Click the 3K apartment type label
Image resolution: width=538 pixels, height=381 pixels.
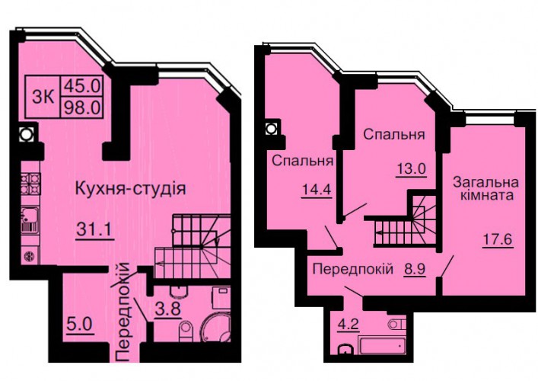tap(43, 97)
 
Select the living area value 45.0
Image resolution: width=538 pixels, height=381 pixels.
tap(81, 85)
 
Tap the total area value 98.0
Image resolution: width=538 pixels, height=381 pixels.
tap(81, 107)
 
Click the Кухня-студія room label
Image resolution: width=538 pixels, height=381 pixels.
tap(130, 189)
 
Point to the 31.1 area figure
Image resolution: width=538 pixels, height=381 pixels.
tap(94, 229)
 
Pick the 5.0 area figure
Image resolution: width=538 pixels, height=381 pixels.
tap(79, 324)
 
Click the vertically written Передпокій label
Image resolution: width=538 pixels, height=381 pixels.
tap(123, 312)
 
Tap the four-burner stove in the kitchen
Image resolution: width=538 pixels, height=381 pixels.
tap(30, 184)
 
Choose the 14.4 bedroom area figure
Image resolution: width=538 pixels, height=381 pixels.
tap(317, 189)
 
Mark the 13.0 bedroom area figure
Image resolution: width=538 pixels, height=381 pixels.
tap(412, 169)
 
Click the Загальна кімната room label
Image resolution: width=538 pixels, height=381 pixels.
tap(485, 189)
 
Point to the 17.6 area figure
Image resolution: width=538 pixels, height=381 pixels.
tap(498, 239)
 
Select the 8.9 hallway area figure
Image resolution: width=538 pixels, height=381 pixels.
tap(415, 269)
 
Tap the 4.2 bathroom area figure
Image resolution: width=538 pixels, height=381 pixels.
tap(349, 325)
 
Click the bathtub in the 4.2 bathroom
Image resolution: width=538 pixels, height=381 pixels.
tap(382, 345)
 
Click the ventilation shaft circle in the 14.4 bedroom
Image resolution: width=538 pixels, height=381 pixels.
tap(271, 129)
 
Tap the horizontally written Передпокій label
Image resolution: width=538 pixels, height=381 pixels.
tap(353, 269)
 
